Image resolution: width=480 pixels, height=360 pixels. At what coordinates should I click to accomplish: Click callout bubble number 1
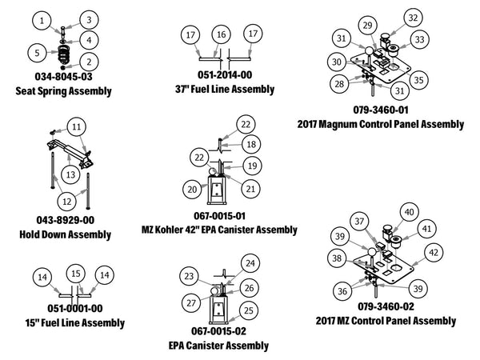[44, 19]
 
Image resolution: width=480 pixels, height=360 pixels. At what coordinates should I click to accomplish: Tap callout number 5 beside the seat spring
[36, 53]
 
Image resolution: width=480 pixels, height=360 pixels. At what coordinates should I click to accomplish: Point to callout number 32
[412, 18]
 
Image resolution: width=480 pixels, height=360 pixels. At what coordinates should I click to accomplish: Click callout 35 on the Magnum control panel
[418, 80]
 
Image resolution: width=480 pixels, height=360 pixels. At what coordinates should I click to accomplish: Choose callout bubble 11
[76, 126]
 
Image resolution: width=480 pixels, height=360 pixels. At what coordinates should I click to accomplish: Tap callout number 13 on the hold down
[70, 173]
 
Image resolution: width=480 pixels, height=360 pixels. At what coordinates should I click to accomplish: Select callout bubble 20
[191, 189]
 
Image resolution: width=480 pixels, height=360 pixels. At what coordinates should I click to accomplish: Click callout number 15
[76, 274]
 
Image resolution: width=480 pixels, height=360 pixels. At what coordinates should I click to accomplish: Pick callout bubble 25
[249, 309]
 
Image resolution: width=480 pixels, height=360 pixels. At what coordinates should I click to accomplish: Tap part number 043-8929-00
[63, 219]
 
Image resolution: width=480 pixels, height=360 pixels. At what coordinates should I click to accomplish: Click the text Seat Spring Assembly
[63, 91]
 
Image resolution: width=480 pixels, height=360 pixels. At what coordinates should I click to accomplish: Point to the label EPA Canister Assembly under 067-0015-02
[218, 346]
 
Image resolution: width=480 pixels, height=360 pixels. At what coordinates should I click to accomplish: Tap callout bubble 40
[409, 212]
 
